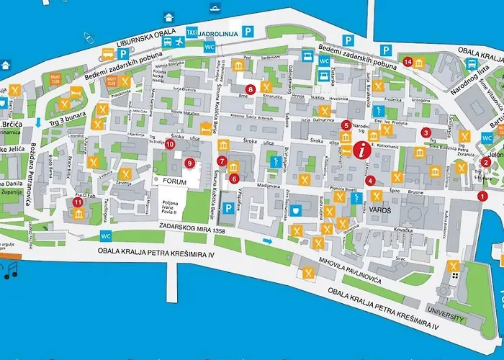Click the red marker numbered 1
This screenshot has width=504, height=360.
coord(482,196)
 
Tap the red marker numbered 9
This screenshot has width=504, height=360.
coord(189,163)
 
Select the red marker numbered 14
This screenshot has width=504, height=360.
coord(408,62)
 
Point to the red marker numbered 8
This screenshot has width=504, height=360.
coord(250,89)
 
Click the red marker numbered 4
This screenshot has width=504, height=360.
coord(370,180)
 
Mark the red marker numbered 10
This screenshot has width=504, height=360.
coord(170,144)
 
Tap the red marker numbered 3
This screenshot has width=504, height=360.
coord(426,132)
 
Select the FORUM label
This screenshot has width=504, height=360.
coord(174,183)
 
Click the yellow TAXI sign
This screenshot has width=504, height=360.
coord(192,32)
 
